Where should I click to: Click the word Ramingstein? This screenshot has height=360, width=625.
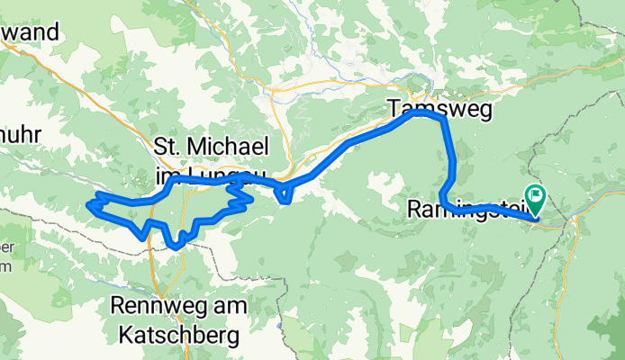[x=459, y=210]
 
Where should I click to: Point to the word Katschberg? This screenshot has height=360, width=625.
[x=177, y=337]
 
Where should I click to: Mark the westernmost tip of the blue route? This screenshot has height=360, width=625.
[x=88, y=206]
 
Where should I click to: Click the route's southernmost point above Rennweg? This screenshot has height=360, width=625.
[x=175, y=246]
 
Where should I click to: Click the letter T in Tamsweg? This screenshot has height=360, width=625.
[x=394, y=108]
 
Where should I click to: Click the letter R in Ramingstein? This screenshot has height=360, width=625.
[x=414, y=210]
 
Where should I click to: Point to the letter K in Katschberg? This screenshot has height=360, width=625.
[x=123, y=337]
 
